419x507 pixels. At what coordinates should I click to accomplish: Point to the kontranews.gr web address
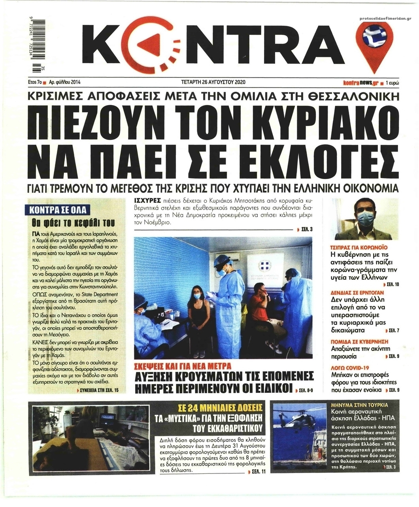(360, 83)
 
